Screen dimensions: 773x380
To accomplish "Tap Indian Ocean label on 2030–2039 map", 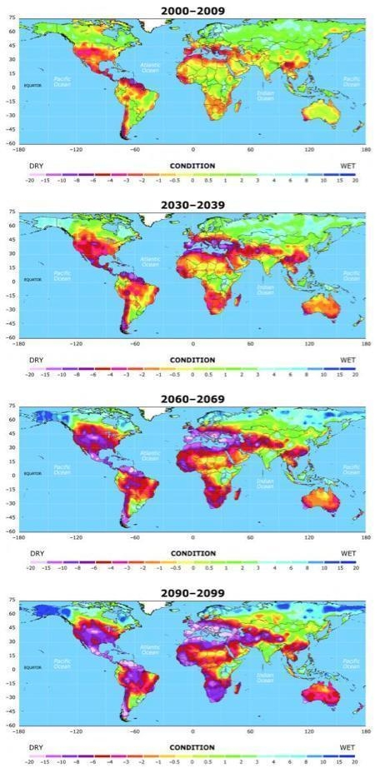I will [265, 289].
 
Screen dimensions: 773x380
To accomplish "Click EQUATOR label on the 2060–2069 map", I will [32, 473].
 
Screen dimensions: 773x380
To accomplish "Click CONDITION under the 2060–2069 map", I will [192, 553].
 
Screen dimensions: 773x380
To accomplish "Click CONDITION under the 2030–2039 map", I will [192, 359].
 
